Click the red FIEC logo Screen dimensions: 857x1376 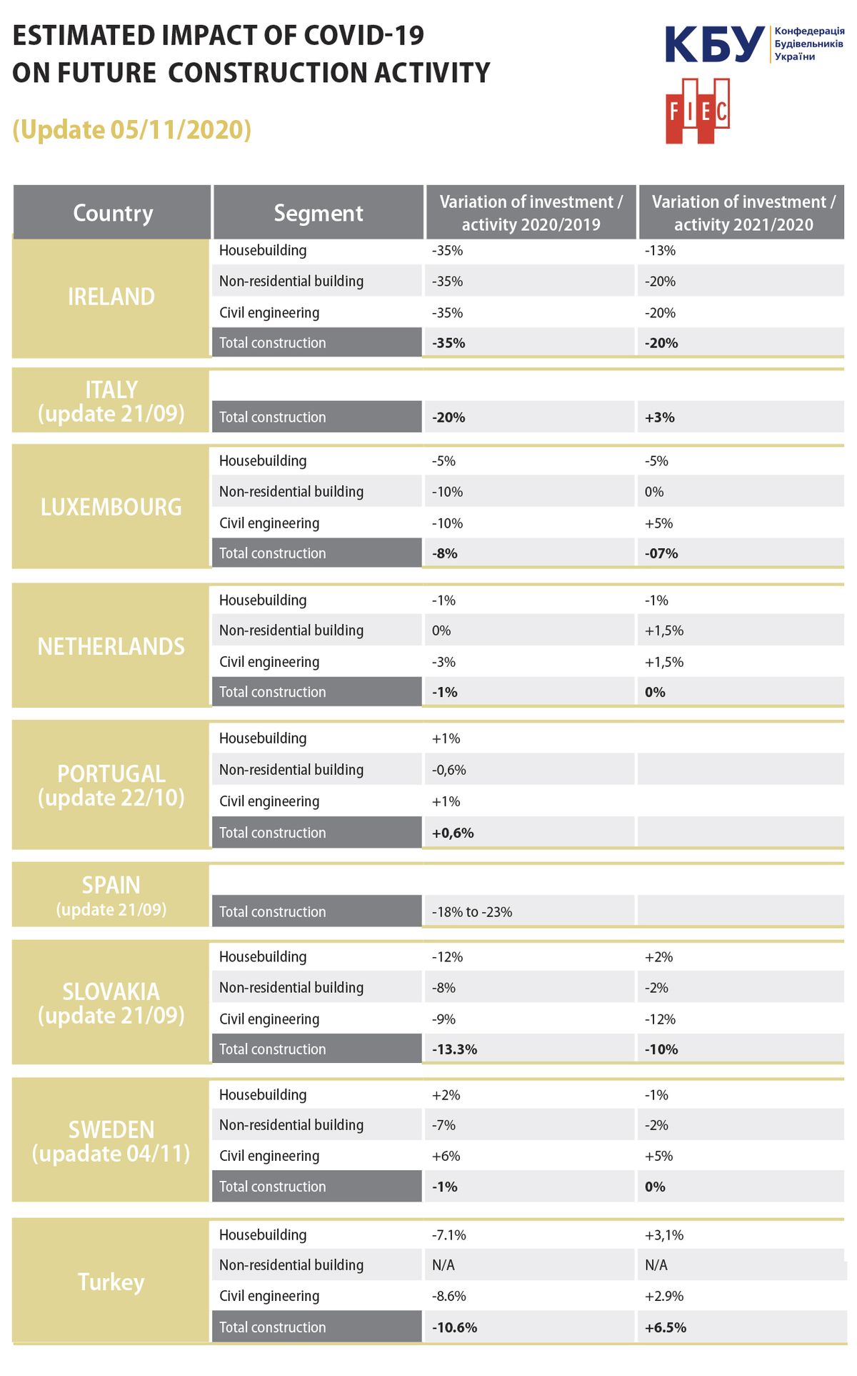[697, 111]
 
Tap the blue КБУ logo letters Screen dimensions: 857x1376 [714, 44]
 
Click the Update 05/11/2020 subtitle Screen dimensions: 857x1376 [132, 129]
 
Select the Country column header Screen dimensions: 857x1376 [113, 213]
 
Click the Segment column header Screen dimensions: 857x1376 [319, 213]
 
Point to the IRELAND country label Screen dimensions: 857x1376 [111, 297]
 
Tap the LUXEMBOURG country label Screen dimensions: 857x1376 [111, 507]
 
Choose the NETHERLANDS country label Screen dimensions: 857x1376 [111, 646]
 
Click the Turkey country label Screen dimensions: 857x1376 [111, 1282]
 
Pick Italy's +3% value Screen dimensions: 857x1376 [660, 417]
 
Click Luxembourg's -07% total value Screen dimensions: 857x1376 [661, 553]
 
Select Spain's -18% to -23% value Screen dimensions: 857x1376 [472, 912]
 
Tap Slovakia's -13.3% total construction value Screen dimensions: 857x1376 [454, 1049]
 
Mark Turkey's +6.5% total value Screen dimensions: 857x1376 [666, 1327]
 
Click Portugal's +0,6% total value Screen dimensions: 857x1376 [453, 833]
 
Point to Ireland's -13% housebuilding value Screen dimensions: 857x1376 [660, 251]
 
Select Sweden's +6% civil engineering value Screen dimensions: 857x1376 [446, 1156]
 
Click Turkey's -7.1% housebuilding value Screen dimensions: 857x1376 [448, 1235]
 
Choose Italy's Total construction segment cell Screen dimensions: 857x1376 [317, 417]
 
